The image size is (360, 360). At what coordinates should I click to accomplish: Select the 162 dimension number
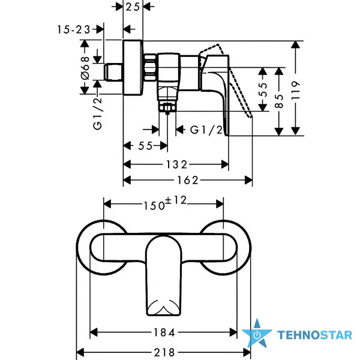point(188,179)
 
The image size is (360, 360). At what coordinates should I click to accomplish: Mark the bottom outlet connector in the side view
point(167,104)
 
